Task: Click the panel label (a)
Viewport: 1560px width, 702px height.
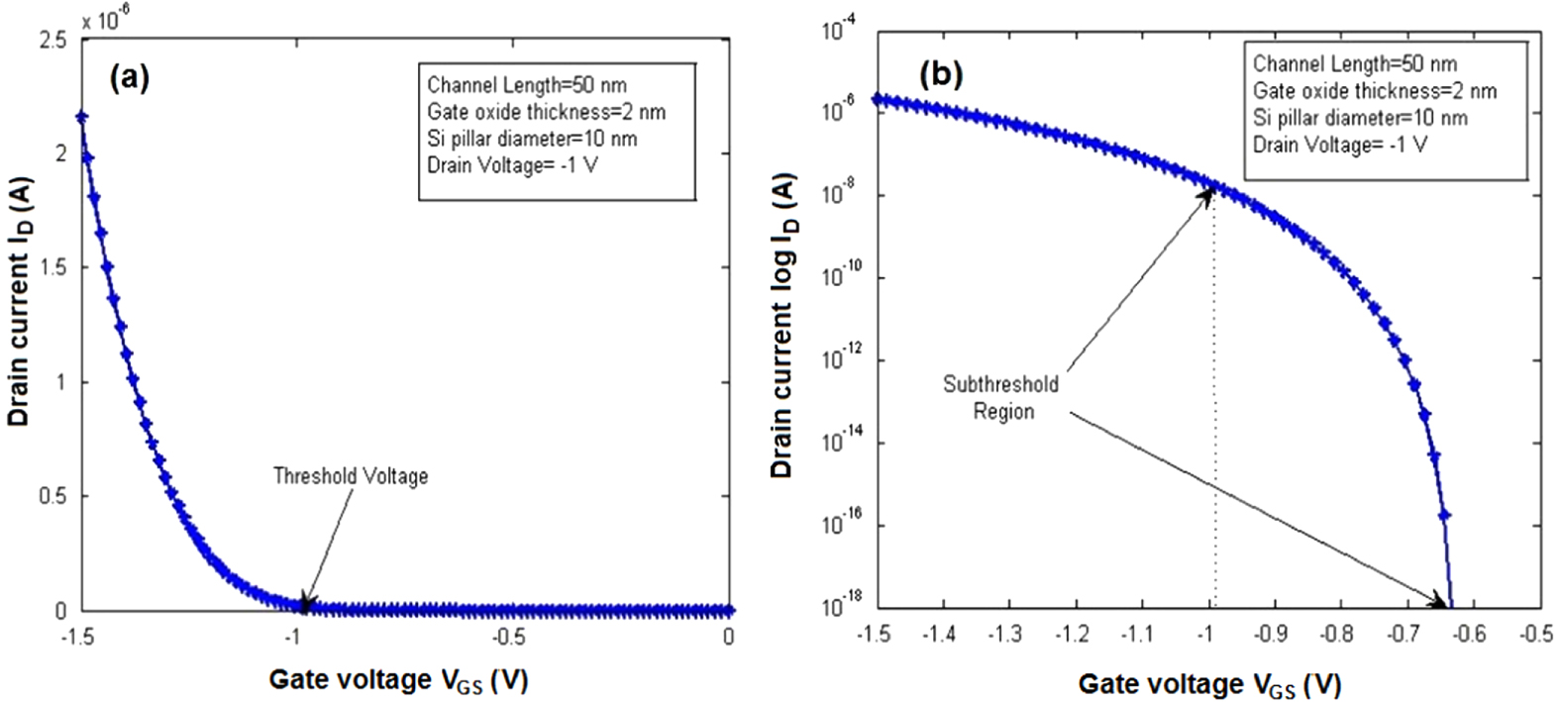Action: point(130,77)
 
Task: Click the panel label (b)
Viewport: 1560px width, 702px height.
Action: point(942,75)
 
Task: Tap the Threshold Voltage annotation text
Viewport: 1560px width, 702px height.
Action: point(351,476)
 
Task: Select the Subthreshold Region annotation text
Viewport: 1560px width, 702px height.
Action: point(1001,397)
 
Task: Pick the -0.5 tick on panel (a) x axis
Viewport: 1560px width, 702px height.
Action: point(509,637)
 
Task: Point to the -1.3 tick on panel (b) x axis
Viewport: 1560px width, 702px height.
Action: point(1006,634)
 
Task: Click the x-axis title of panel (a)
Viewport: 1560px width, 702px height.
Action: point(397,680)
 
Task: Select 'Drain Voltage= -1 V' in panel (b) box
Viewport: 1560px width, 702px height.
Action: point(1339,145)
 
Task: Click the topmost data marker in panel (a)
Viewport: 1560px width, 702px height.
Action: point(82,117)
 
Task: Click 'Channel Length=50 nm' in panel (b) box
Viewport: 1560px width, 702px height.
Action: point(1354,64)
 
